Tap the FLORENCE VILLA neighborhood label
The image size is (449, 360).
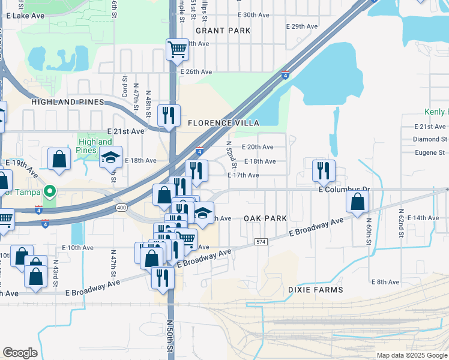pos(223,123)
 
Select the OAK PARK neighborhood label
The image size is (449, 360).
pos(265,218)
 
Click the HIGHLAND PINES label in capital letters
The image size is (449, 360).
pos(68,102)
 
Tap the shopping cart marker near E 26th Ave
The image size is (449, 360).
pos(178,50)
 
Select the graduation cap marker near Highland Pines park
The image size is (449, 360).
pos(110,157)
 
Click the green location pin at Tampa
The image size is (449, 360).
pos(51,191)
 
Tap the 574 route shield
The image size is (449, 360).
pos(260,241)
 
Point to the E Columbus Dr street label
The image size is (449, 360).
pos(345,189)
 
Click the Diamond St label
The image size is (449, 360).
pos(430,139)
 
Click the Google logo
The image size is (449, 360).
pos(20,353)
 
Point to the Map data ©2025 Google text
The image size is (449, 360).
pos(412,355)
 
